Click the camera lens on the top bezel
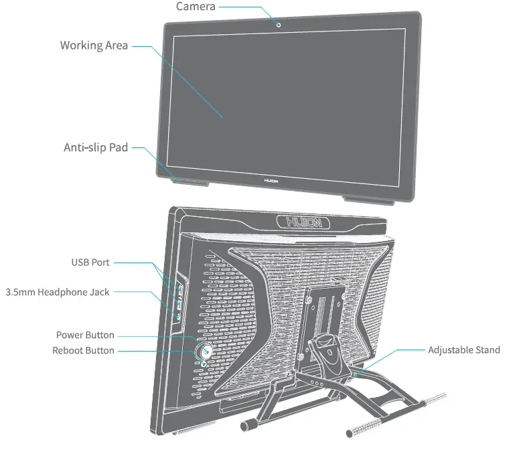[278, 25]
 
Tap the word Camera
[196, 7]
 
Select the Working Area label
[94, 46]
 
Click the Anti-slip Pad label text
[95, 147]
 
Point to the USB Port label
[90, 262]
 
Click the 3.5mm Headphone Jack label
[58, 292]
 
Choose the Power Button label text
[85, 335]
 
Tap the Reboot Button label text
[83, 350]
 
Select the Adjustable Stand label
[463, 350]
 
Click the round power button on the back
[204, 350]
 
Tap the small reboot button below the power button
[204, 364]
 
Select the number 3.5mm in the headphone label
[20, 292]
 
